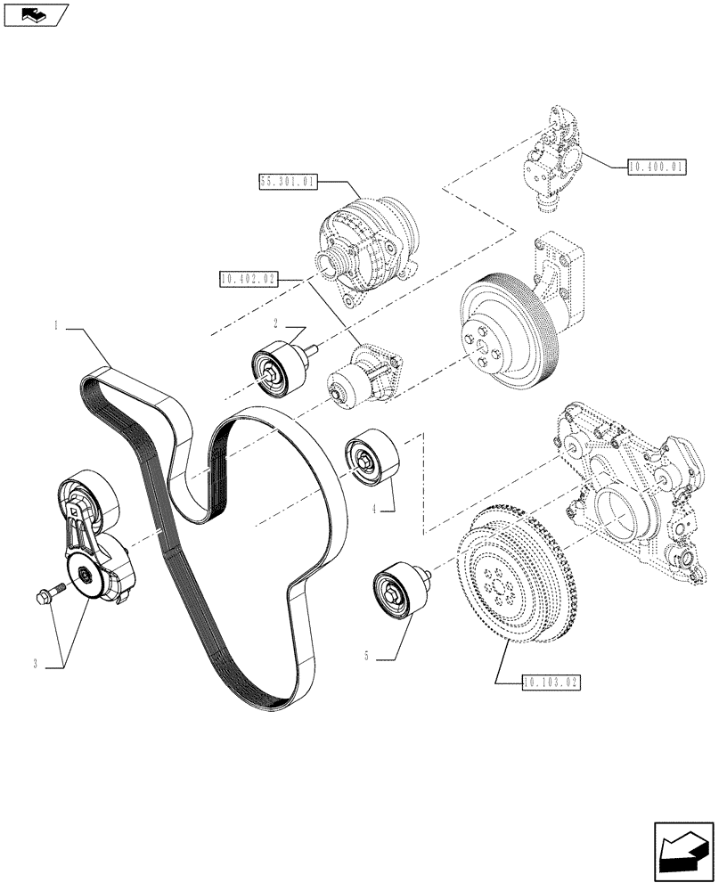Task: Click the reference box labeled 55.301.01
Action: (x=287, y=183)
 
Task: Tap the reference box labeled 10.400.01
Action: (x=658, y=167)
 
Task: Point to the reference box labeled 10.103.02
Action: (x=551, y=683)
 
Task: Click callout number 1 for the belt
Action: (x=56, y=327)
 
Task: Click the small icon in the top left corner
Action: (x=36, y=15)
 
